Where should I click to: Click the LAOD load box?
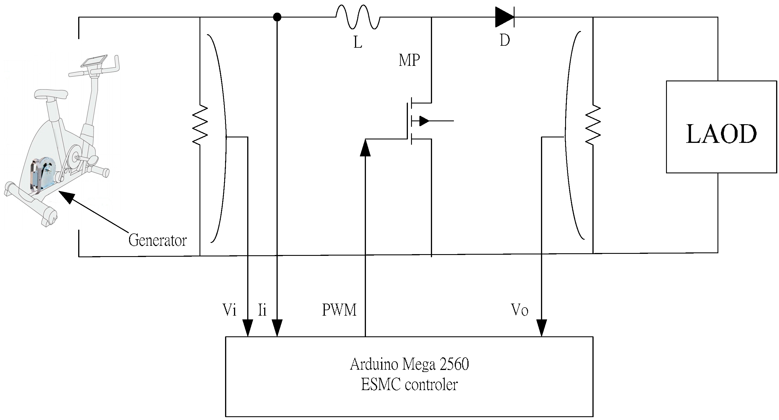click(x=721, y=127)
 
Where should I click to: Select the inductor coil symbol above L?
click(x=358, y=18)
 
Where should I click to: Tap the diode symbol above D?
click(x=504, y=17)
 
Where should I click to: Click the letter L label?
click(x=358, y=42)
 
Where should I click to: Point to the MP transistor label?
click(x=409, y=60)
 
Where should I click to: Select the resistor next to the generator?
click(x=200, y=124)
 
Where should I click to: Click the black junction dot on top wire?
click(x=277, y=17)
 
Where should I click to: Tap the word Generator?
click(x=157, y=240)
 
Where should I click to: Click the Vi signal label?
click(x=229, y=310)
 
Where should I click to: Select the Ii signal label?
click(x=262, y=310)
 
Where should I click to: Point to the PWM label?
click(x=339, y=310)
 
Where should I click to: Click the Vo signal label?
click(x=519, y=310)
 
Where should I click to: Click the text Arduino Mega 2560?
click(x=409, y=364)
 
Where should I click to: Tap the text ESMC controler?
click(x=409, y=385)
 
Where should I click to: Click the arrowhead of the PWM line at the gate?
click(x=365, y=148)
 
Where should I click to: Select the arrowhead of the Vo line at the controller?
click(x=541, y=327)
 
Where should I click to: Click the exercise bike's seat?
click(x=51, y=94)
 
